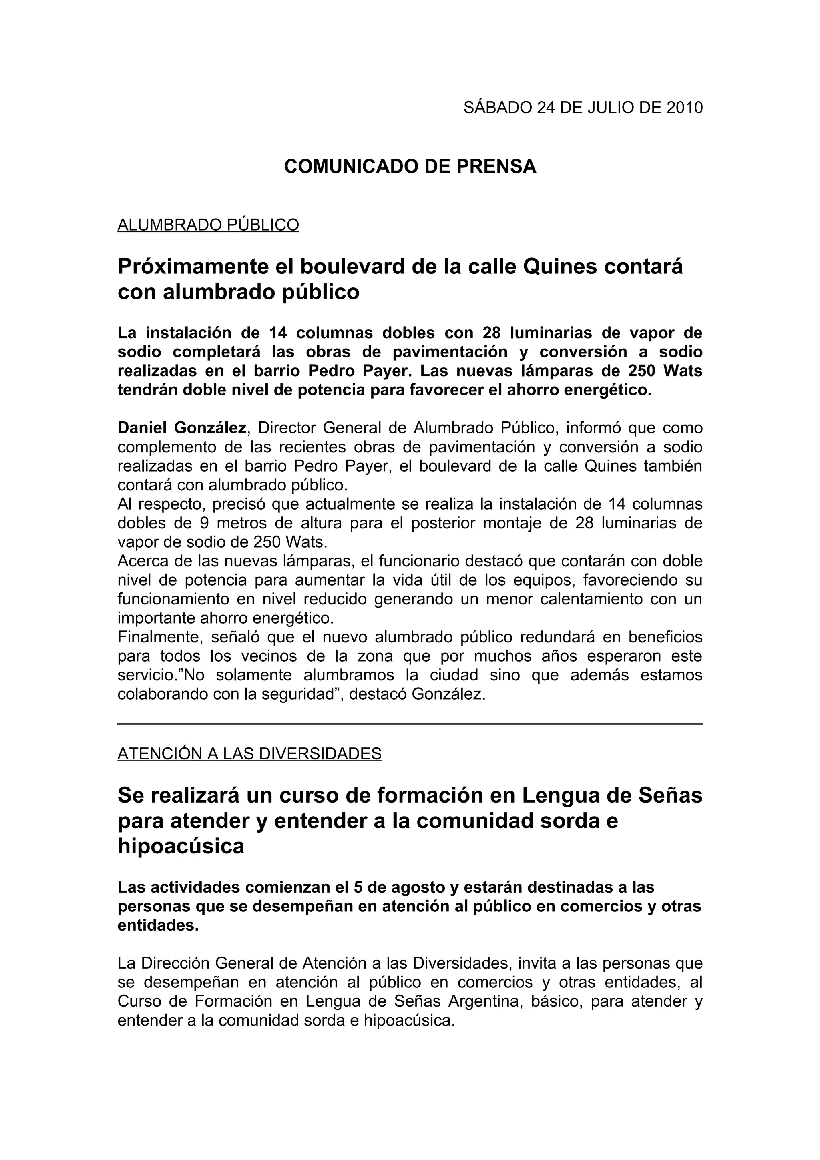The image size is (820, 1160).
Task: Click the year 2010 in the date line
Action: point(685,108)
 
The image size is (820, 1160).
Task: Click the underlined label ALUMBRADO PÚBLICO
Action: point(208,225)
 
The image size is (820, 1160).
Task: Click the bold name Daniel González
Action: point(182,428)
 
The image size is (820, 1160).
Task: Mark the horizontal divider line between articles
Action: point(410,724)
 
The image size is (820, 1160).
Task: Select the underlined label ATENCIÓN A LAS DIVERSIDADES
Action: point(249,754)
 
